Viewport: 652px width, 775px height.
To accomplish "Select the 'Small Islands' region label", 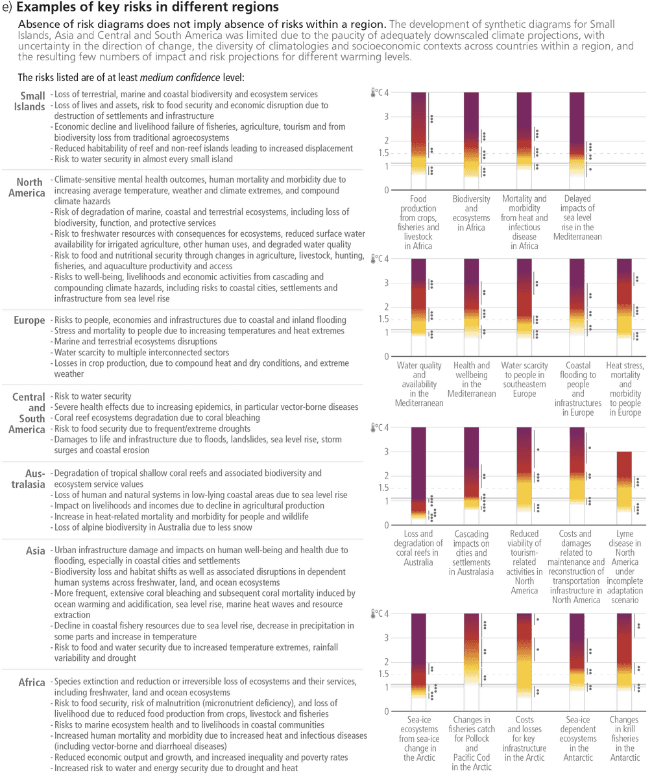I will point(30,101).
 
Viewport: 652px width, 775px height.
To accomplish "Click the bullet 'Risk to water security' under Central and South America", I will point(93,396).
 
